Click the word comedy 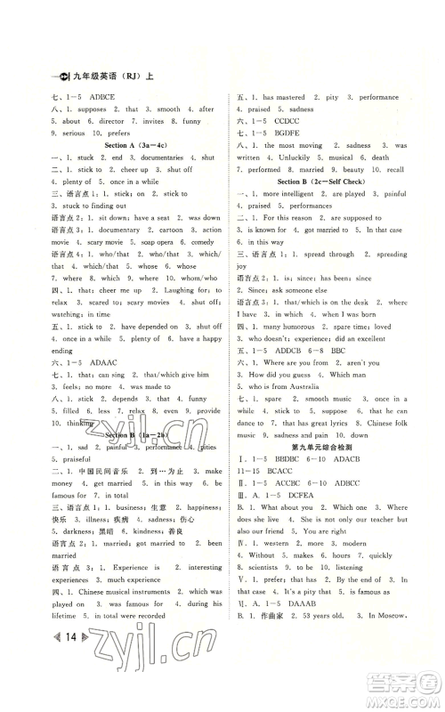point(203,241)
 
